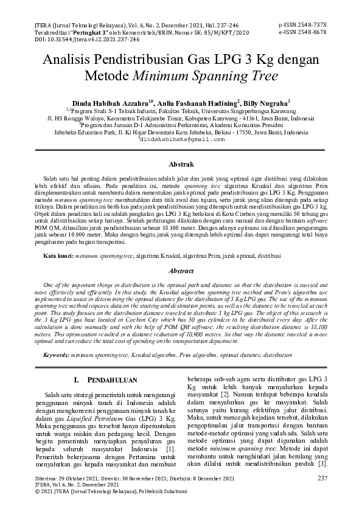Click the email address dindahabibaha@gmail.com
pyautogui.click(x=183, y=139)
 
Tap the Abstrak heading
pyautogui.click(x=181, y=164)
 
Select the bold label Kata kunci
pyautogui.click(x=58, y=257)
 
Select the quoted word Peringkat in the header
pyautogui.click(x=88, y=32)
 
